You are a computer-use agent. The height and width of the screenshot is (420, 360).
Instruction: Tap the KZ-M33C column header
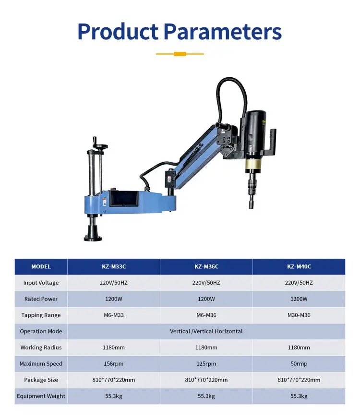coord(113,266)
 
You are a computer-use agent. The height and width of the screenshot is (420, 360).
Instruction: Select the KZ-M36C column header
coord(206,266)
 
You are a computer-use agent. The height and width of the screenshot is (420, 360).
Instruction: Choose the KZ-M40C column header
coord(299,266)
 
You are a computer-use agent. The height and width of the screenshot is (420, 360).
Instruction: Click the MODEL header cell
coord(41,266)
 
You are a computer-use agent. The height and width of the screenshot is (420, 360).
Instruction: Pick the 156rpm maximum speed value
coord(113,363)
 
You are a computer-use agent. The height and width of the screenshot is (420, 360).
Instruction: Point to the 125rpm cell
coord(206,363)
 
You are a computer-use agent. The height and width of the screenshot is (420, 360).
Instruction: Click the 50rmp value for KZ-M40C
coord(299,363)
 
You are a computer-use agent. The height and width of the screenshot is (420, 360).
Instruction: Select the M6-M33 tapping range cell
coord(113,315)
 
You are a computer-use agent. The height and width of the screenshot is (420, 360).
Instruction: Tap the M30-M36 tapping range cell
coord(299,315)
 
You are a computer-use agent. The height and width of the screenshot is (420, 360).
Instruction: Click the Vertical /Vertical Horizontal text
coord(206,331)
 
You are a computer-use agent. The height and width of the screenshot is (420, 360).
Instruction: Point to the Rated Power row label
coord(41,299)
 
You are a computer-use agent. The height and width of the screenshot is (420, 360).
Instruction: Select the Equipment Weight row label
coord(41,396)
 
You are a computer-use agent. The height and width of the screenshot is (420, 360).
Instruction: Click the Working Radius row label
coord(41,348)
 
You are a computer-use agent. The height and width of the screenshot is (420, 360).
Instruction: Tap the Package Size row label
coord(41,380)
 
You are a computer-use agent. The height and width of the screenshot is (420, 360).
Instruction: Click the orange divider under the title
coord(180,54)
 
